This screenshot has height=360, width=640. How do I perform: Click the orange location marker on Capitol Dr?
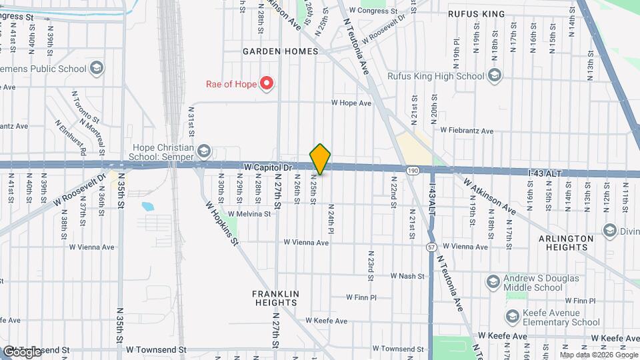(x=321, y=159)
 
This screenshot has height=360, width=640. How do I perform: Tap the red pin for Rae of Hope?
(x=267, y=83)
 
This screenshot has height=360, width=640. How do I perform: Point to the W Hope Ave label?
(x=351, y=103)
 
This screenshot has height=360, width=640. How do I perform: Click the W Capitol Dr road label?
(x=269, y=167)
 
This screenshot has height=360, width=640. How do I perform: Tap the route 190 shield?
(x=413, y=171)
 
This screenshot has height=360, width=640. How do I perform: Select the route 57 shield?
(x=431, y=247)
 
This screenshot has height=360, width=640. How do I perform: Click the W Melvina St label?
(x=249, y=214)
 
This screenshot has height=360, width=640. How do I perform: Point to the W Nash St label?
(x=408, y=275)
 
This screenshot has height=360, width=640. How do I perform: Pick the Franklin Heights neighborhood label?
(x=274, y=298)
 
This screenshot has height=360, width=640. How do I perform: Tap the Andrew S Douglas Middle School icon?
(x=493, y=281)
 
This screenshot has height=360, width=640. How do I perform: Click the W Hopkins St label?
(x=221, y=223)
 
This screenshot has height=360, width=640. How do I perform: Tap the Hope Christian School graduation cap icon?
(x=204, y=151)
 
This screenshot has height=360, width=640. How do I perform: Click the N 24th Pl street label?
(x=330, y=219)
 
